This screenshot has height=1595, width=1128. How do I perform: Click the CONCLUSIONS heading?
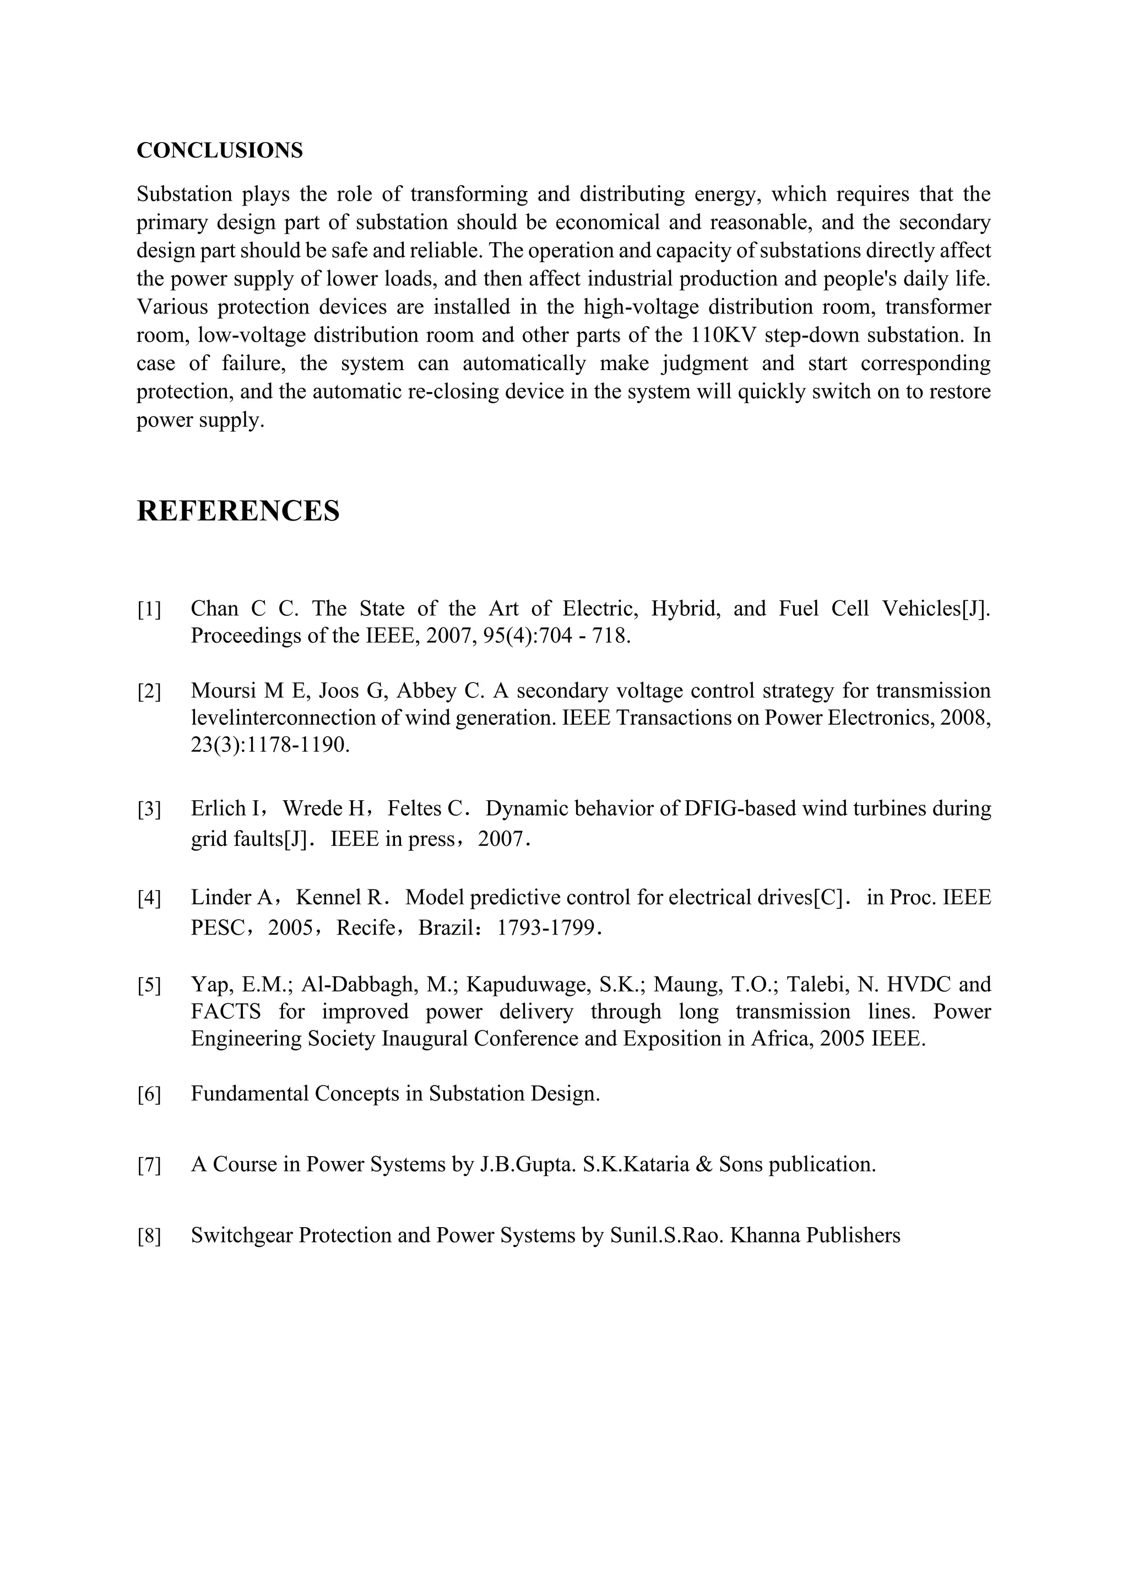[x=220, y=151]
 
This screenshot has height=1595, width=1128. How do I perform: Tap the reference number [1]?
[x=149, y=610]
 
